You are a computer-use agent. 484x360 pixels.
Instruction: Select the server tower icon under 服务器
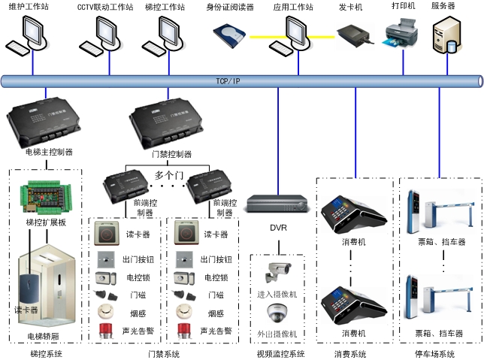446,38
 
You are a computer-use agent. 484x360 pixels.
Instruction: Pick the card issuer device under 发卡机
352,35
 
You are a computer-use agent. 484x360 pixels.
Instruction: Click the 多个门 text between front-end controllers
170,175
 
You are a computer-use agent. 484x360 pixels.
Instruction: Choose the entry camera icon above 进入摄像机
276,270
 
